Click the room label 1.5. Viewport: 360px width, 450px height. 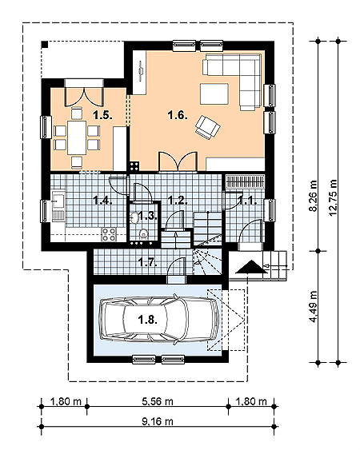pyautogui.click(x=101, y=116)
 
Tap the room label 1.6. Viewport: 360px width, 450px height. pyautogui.click(x=177, y=116)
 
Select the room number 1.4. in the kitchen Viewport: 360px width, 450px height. pyautogui.click(x=102, y=200)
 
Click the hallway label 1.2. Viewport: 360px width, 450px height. pyautogui.click(x=177, y=200)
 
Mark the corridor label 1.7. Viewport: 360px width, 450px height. pyautogui.click(x=146, y=261)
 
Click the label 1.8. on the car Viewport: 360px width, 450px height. pyautogui.click(x=146, y=320)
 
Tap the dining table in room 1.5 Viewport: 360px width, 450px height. pyautogui.click(x=77, y=135)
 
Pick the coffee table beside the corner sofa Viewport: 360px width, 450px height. pyautogui.click(x=214, y=95)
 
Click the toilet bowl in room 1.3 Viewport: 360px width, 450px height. pyautogui.click(x=143, y=233)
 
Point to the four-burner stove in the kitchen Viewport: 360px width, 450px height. pyautogui.click(x=110, y=234)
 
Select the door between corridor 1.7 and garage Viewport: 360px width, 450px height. pyautogui.click(x=174, y=277)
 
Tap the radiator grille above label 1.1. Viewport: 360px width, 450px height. pyautogui.click(x=244, y=181)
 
